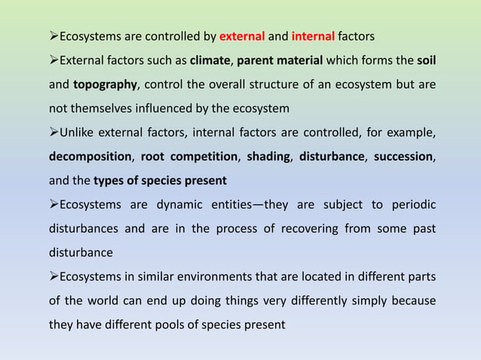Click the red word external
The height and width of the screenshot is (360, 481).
click(x=241, y=35)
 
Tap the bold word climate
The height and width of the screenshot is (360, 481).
click(x=210, y=59)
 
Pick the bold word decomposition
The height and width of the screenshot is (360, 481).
click(x=90, y=157)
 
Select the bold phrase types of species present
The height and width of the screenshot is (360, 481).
click(x=160, y=181)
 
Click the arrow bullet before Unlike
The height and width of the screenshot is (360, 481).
click(x=53, y=133)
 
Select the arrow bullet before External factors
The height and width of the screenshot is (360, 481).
click(x=53, y=59)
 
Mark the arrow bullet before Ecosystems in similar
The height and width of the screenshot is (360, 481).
click(x=53, y=278)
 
